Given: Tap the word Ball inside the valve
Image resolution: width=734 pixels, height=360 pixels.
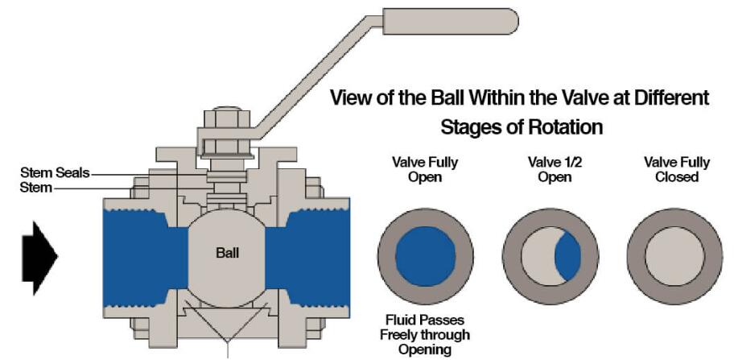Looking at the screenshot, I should (x=228, y=252).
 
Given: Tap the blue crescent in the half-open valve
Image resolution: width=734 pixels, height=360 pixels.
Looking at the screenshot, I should (x=568, y=254).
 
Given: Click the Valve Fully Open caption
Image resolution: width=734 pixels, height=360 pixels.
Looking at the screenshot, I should (x=424, y=169).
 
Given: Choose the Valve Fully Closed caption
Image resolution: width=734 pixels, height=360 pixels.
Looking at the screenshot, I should (x=676, y=169).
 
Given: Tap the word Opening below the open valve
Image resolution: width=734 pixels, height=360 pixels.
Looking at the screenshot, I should (x=425, y=350).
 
